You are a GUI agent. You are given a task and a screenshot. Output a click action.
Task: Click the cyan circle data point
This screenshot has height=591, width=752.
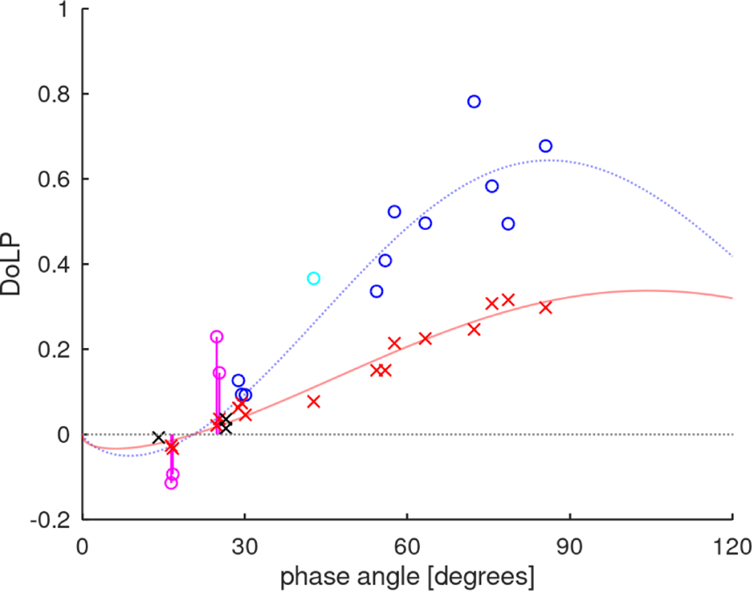314,278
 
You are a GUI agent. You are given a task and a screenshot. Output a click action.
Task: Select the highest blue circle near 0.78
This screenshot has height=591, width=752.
474,102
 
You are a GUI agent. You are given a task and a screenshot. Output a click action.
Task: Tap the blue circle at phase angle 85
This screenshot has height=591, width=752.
545,146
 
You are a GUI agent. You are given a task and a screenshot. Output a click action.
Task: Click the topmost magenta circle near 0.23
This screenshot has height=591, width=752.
216,337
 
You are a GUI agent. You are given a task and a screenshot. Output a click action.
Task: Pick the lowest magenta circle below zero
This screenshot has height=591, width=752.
170,483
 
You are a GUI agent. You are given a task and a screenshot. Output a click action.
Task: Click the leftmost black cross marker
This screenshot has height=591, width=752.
159,437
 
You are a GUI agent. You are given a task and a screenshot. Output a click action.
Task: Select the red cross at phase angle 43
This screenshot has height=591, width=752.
314,402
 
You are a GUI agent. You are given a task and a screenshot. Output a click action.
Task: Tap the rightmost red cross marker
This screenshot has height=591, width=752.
545,308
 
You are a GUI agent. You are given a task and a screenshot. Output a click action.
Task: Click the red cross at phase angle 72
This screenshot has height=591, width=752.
474,330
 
